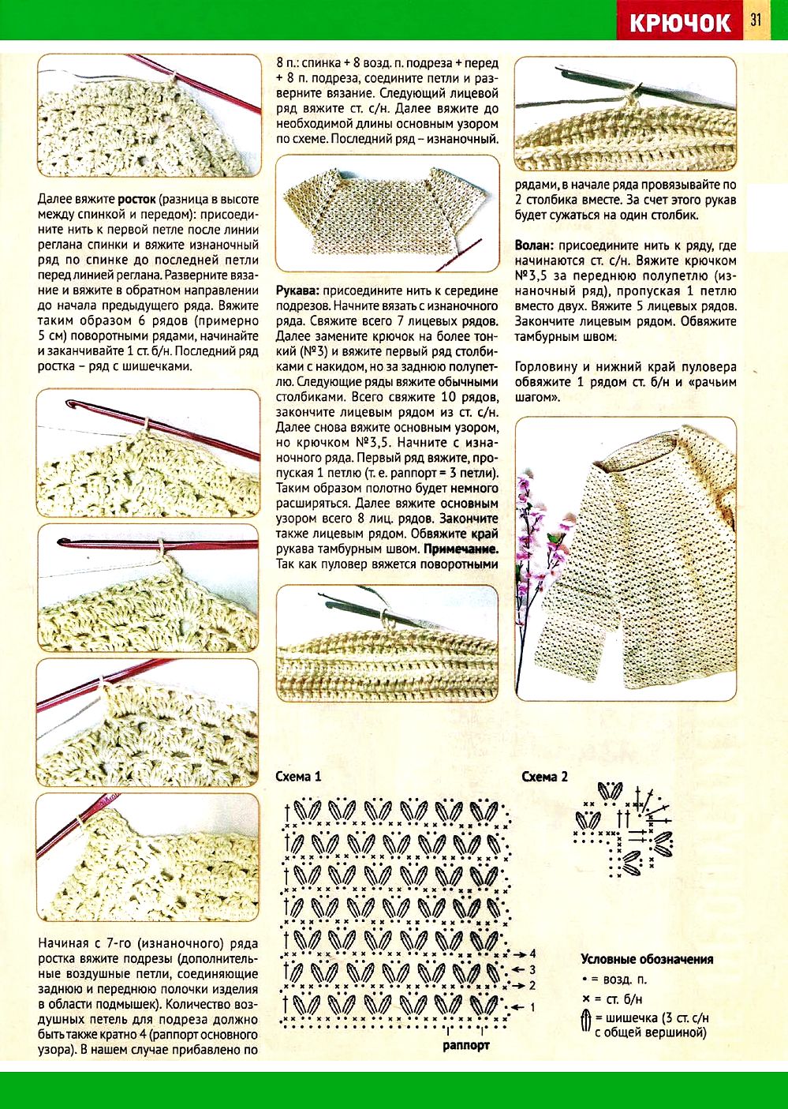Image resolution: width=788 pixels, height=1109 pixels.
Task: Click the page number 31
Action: [756, 20]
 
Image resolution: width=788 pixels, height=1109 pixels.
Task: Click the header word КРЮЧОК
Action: [680, 21]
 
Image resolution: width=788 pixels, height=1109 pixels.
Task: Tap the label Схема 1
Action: [298, 777]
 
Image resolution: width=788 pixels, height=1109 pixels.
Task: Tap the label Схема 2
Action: [544, 777]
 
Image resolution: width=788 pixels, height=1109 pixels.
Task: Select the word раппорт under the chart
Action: [465, 1044]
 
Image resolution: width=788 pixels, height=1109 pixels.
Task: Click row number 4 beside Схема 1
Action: [533, 954]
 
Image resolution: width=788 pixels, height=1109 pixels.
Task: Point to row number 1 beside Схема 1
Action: [532, 1007]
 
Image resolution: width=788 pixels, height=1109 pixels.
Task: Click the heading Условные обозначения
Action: [647, 959]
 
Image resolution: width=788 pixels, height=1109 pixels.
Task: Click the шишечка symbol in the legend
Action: [586, 1020]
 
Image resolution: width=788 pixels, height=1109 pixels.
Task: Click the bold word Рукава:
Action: [297, 290]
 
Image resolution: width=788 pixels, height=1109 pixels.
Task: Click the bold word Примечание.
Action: [461, 549]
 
